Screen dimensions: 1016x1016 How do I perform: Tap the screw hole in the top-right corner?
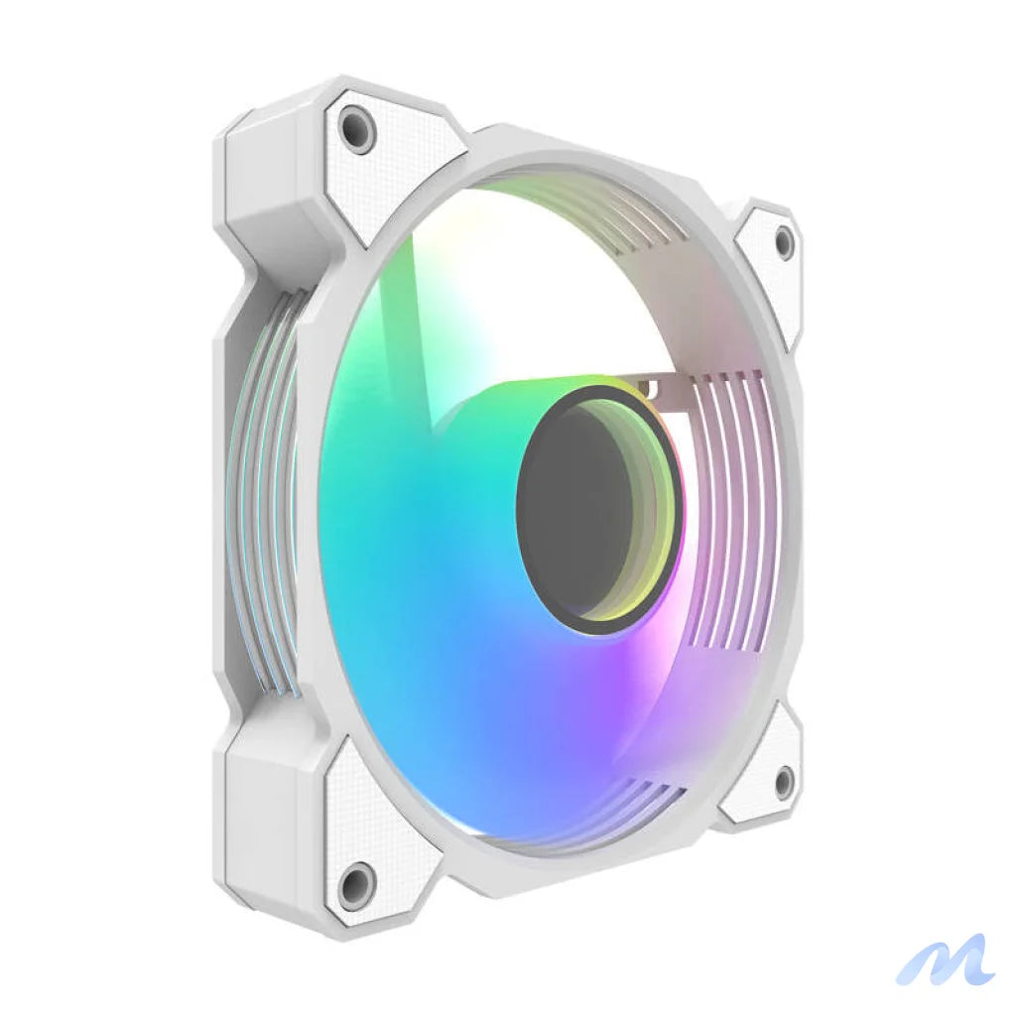tap(784, 241)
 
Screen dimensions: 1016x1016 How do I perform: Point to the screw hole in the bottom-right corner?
tap(783, 781)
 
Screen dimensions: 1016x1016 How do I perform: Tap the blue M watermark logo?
tap(945, 959)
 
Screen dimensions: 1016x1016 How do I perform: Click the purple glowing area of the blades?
tap(645, 685)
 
